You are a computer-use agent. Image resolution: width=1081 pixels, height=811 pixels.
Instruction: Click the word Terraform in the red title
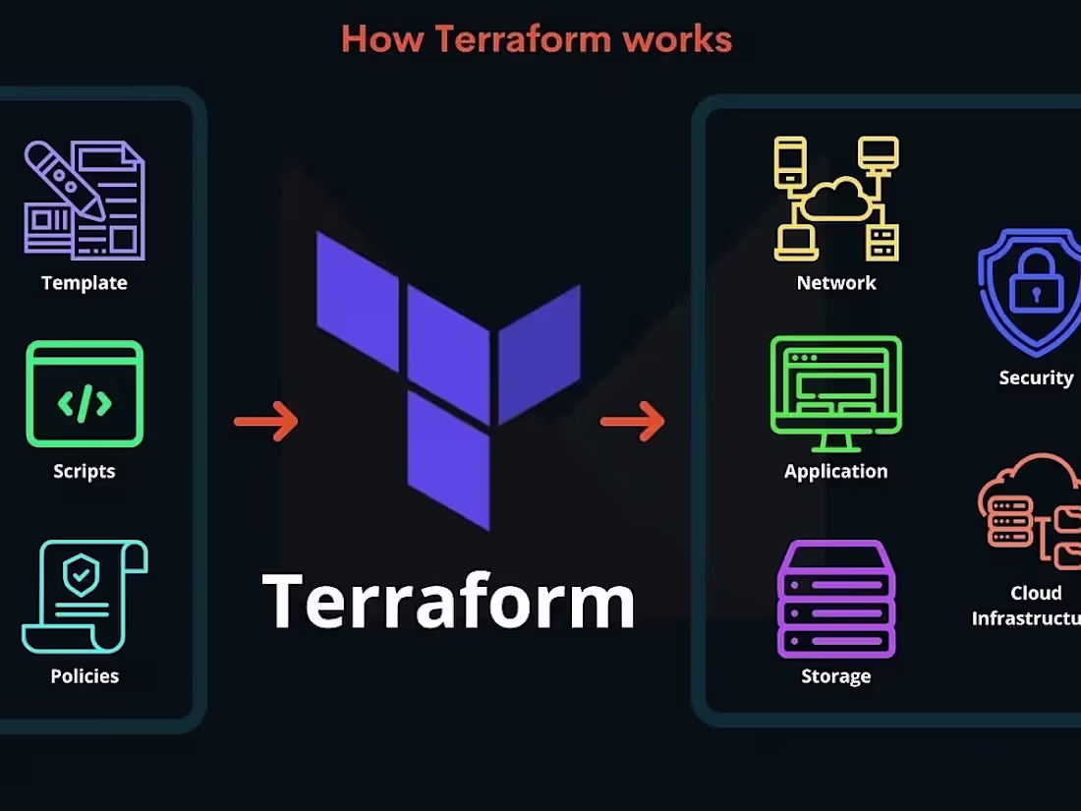[x=523, y=38]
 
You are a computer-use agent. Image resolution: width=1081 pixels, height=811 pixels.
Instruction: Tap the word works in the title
[x=677, y=38]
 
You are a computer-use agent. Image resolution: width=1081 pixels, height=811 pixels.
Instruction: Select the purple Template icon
[x=85, y=200]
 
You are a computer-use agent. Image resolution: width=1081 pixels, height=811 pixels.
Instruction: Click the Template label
[x=85, y=283]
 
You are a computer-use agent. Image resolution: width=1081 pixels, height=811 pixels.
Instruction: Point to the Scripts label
[x=85, y=471]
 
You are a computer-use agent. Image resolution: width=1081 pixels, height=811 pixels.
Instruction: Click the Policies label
[x=85, y=676]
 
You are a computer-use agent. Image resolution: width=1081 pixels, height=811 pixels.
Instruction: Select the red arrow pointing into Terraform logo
[x=266, y=421]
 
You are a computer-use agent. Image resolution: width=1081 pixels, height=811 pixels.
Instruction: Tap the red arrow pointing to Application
[x=633, y=421]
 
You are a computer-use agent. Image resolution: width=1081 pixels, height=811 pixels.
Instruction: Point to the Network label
[x=836, y=283]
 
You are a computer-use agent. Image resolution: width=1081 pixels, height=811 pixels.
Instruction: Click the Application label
[x=836, y=471]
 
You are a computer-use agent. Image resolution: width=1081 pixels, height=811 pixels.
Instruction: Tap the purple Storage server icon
[x=836, y=599]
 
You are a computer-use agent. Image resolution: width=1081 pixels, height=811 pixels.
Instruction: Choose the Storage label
[x=836, y=676]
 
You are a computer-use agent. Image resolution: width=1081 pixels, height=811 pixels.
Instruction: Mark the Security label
[x=1036, y=377]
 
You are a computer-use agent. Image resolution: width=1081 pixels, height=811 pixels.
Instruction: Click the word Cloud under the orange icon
[x=1036, y=593]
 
